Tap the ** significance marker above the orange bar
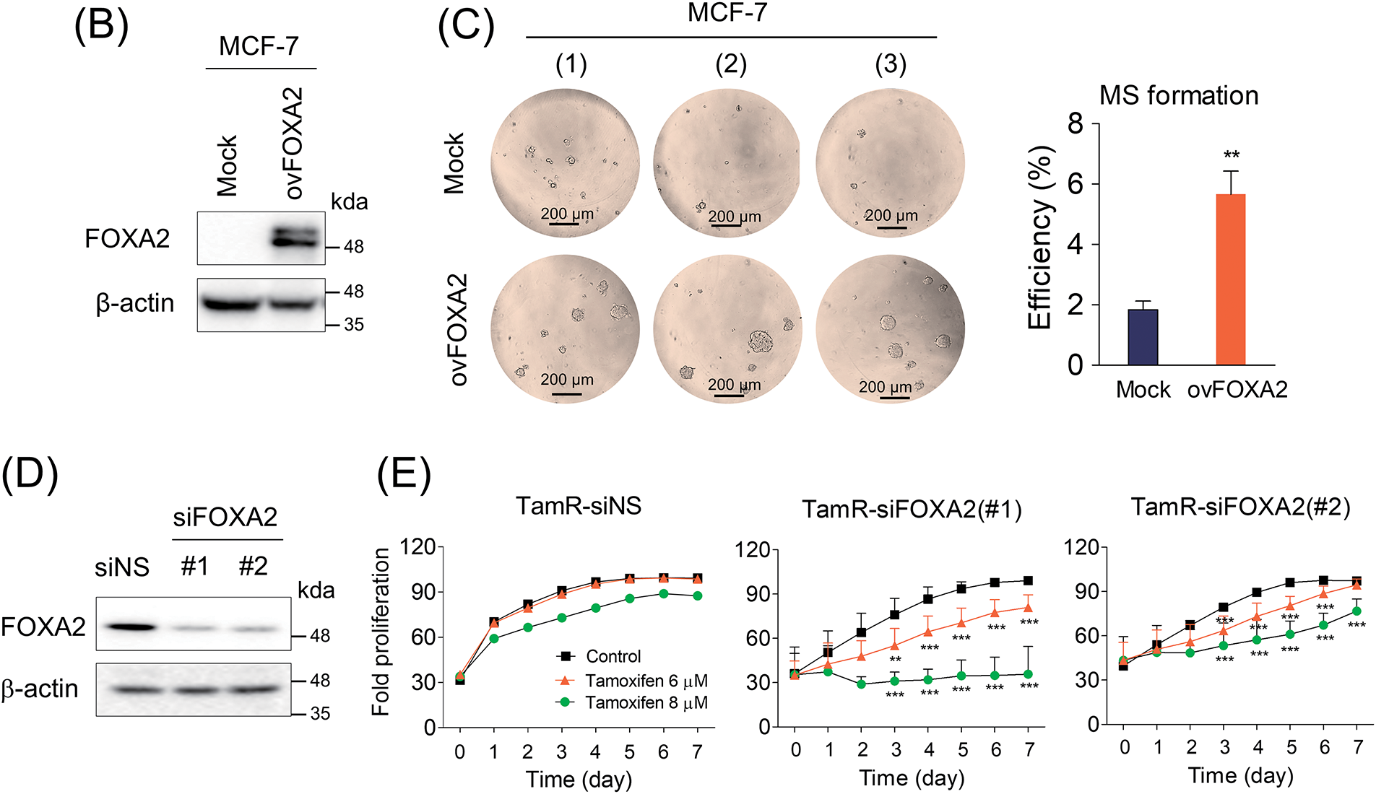(1231, 155)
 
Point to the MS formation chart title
(1179, 95)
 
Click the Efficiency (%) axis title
(1040, 237)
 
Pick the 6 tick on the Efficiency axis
(1076, 184)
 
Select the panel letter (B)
(101, 27)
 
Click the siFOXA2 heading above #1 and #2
(225, 517)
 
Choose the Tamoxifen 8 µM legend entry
(645, 702)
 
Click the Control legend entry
(613, 656)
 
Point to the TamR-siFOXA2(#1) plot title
(912, 510)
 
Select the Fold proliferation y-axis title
(381, 632)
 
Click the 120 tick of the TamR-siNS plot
(417, 546)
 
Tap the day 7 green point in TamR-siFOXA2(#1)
(1028, 674)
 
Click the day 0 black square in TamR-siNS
(460, 679)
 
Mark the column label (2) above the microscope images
(731, 64)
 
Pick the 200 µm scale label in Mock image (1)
(567, 214)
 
